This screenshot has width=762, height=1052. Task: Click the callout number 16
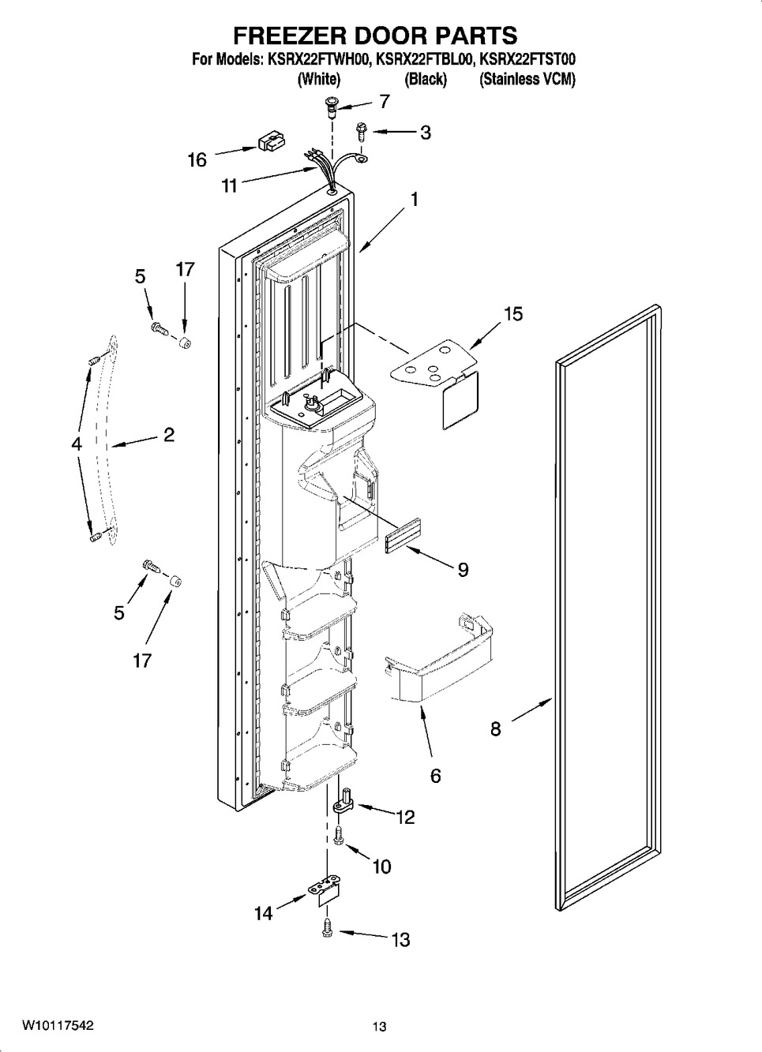197,159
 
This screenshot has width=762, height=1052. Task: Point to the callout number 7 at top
385,101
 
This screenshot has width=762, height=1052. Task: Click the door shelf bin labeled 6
437,661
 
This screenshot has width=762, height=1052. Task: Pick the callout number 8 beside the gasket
496,729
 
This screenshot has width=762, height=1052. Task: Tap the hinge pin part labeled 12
346,804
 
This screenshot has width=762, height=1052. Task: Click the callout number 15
513,314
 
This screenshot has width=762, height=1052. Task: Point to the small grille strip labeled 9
403,536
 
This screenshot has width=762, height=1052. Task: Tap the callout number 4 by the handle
77,443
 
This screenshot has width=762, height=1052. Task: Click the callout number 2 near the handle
169,434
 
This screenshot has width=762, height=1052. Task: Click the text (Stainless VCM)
527,79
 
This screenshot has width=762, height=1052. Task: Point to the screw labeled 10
338,837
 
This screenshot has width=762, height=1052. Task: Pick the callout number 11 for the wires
229,186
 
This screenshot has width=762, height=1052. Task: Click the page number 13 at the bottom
379,1036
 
